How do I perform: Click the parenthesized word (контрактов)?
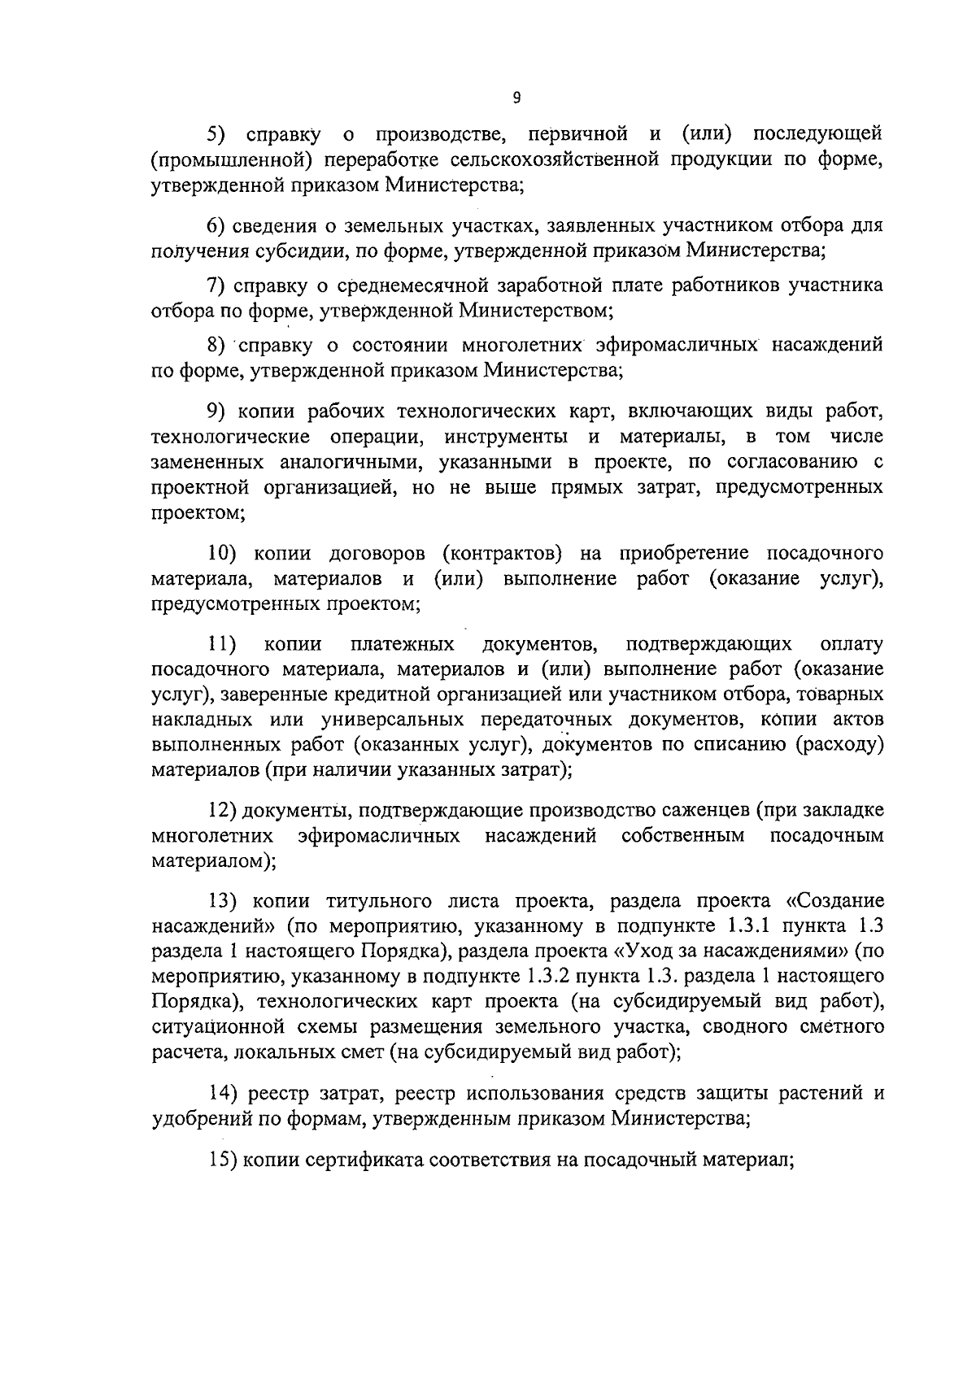coord(502,554)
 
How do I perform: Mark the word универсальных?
coord(393,721)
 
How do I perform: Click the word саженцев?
coord(699,811)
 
